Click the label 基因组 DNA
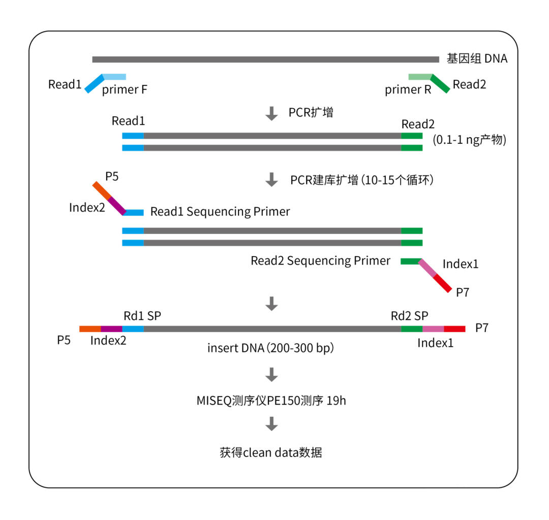click(476, 58)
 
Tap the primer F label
click(125, 90)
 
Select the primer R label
click(408, 90)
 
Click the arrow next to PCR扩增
click(272, 113)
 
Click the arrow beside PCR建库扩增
click(272, 179)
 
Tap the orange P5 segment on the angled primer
click(102, 191)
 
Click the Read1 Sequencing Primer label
click(220, 211)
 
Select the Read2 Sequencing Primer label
click(320, 261)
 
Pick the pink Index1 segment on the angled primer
click(428, 268)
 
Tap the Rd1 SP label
click(142, 316)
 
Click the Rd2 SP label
click(409, 316)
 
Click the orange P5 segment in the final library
click(90, 329)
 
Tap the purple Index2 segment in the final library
click(111, 329)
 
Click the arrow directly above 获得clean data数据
click(272, 423)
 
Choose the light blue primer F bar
click(114, 77)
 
